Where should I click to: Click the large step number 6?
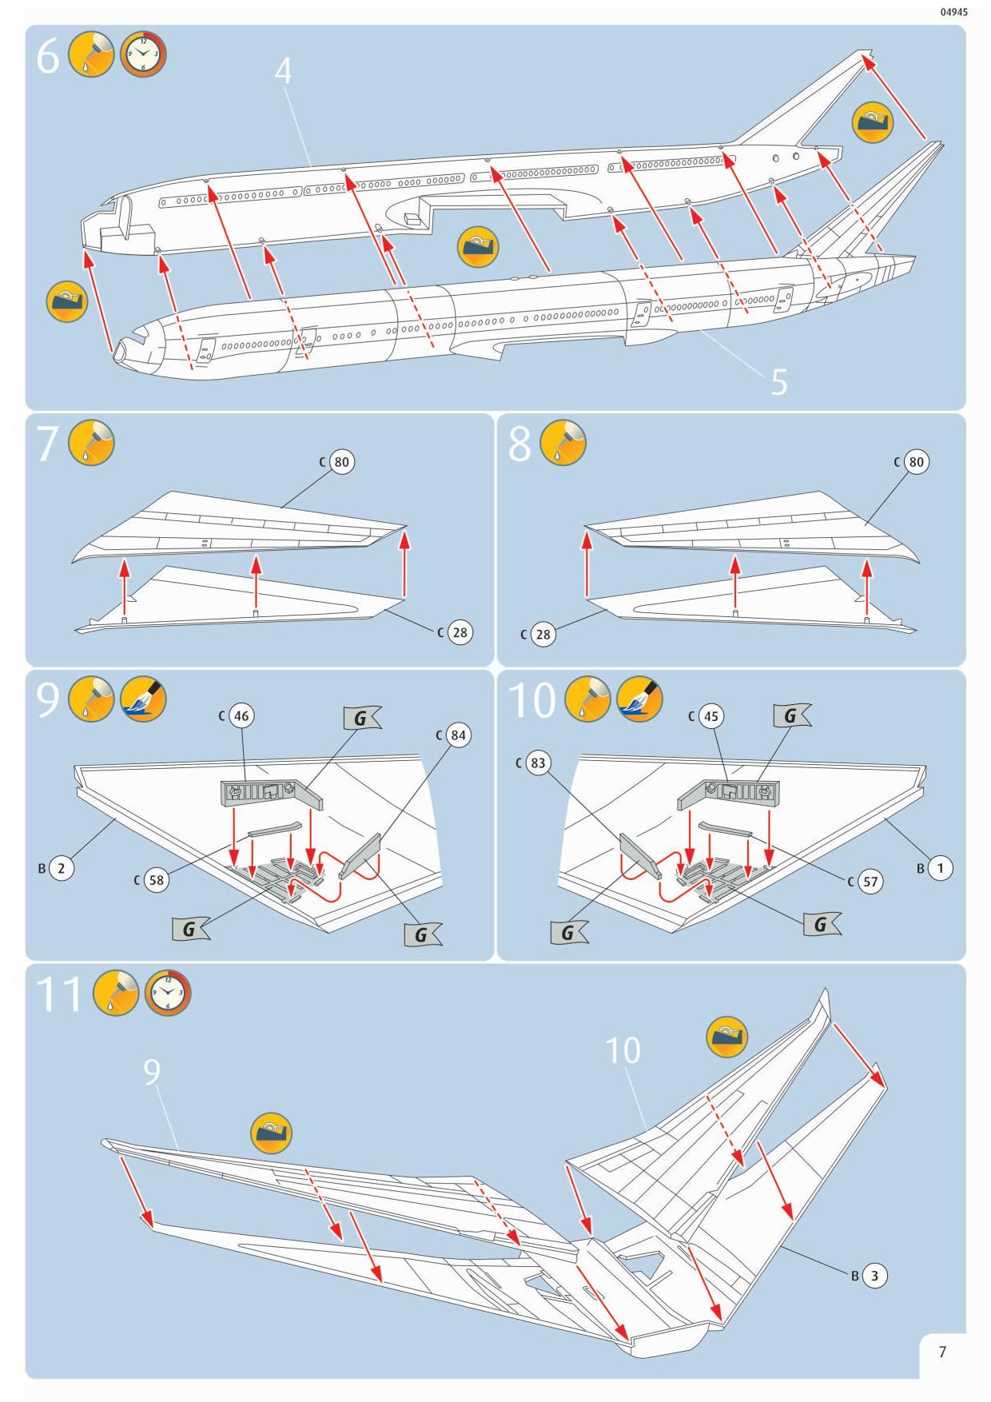point(48,58)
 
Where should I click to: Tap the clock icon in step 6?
point(143,55)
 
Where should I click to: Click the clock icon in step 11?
point(168,994)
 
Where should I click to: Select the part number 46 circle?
point(241,715)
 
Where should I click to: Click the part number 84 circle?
point(458,735)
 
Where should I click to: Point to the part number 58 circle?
point(157,881)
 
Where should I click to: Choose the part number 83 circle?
point(538,763)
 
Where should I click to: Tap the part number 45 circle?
point(710,716)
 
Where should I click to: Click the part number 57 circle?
point(870,882)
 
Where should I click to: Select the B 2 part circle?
point(61,868)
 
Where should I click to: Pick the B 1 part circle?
point(941,868)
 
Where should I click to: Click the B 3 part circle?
point(874,1276)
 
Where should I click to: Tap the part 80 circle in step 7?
point(342,462)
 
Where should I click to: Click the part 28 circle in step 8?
point(543,635)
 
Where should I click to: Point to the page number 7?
point(942,1352)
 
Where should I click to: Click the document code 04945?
point(954,12)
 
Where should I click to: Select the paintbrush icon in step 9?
point(143,699)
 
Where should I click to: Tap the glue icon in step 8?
point(563,443)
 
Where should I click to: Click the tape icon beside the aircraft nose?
point(67,301)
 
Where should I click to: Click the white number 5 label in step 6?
point(779,382)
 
